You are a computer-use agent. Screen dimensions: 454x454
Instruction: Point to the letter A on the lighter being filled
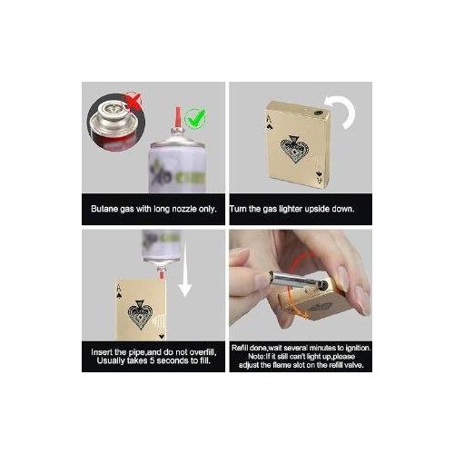coord(120,288)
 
